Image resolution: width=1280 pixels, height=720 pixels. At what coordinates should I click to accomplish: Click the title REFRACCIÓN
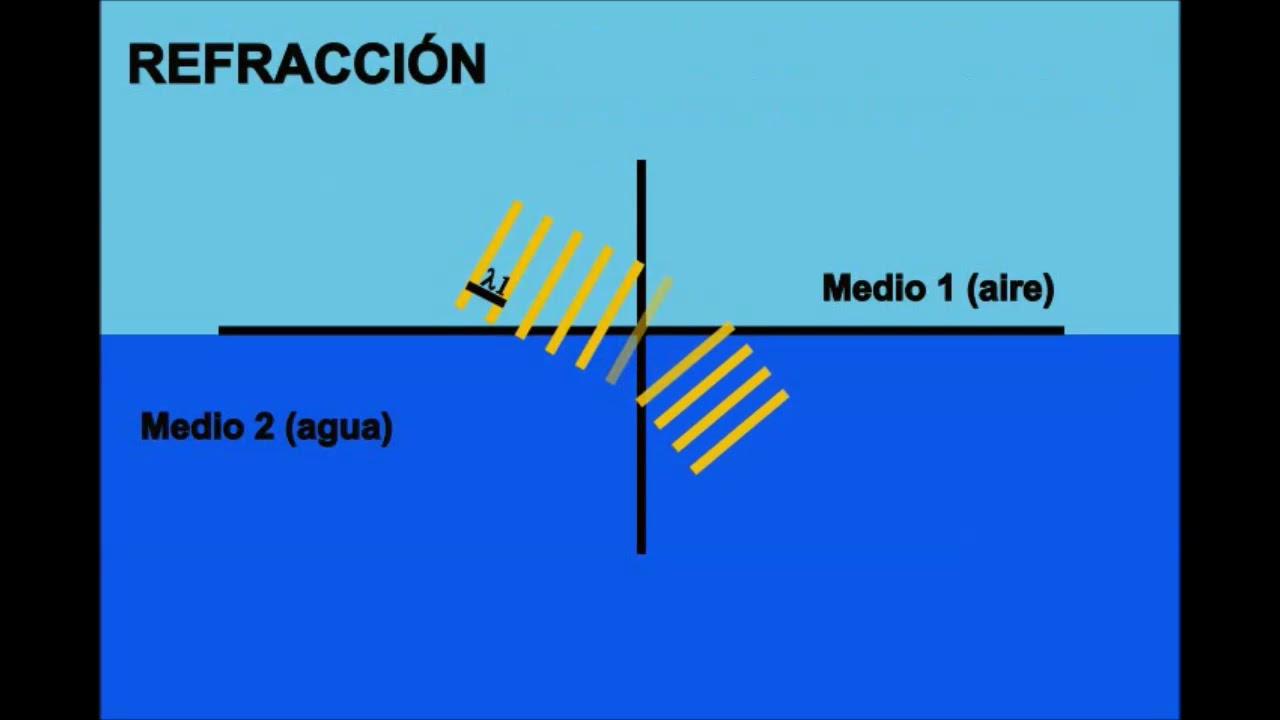(x=306, y=65)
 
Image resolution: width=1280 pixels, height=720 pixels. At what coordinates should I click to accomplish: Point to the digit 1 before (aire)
(x=945, y=289)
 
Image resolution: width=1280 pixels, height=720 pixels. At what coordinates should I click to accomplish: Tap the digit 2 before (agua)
(x=263, y=427)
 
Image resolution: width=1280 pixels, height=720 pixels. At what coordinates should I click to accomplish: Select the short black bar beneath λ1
(x=486, y=294)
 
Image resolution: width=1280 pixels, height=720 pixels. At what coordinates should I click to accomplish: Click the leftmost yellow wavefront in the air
(x=489, y=255)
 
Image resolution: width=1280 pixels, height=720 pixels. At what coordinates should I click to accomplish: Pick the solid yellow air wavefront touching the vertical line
(x=610, y=314)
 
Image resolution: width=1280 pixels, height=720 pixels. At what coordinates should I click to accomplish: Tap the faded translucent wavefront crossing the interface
(x=639, y=330)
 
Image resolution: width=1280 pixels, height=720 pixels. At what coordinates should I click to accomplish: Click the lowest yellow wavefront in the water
(x=739, y=432)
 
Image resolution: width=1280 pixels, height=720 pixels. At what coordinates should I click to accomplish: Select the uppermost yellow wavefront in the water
(x=685, y=364)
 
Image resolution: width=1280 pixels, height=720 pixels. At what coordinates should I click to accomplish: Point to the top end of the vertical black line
(x=641, y=163)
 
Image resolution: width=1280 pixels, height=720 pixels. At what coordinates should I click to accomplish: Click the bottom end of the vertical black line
(x=641, y=550)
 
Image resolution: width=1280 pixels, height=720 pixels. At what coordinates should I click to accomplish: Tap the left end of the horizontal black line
(x=222, y=330)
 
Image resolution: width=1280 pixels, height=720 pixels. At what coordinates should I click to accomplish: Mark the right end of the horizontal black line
(x=1061, y=330)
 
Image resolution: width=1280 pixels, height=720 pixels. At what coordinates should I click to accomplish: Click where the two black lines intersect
(x=641, y=330)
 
